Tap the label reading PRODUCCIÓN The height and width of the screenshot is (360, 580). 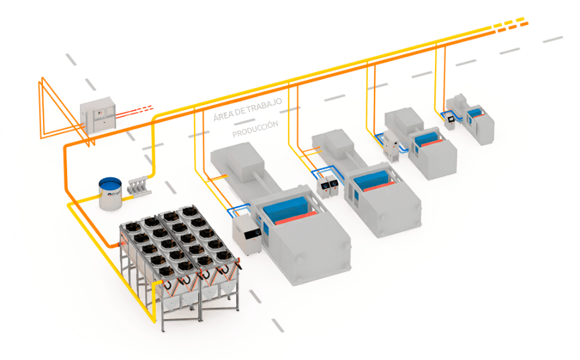255,130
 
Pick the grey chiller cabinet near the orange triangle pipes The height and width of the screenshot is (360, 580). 98,116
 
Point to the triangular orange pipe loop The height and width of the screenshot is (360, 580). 57,111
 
